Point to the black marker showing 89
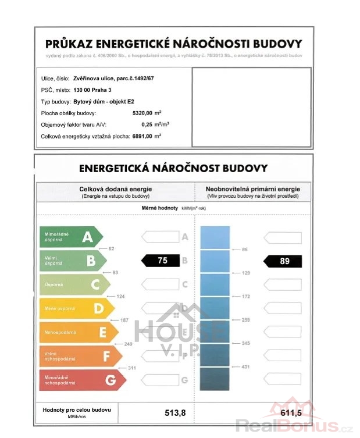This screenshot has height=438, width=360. point(283,261)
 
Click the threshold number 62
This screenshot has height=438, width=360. point(111,248)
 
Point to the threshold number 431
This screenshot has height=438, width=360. point(245,367)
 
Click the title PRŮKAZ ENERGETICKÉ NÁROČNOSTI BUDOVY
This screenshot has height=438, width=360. point(174,44)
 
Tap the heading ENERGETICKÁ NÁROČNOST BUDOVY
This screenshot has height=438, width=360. point(173,169)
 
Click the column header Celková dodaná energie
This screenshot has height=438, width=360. point(116,189)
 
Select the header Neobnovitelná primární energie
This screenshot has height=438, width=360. point(252,189)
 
